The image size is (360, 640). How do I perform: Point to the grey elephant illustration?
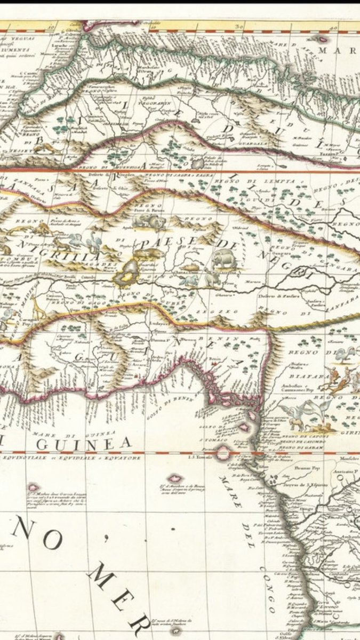[225, 259]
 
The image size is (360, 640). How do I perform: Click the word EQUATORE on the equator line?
[125, 457]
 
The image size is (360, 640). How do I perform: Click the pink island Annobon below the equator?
[175, 478]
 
